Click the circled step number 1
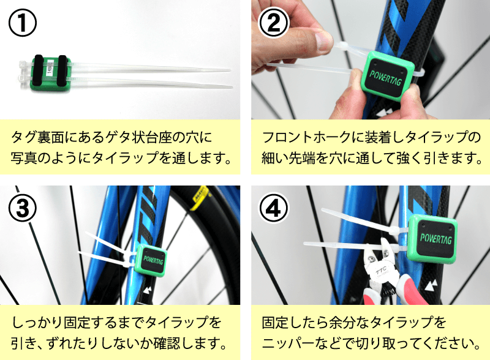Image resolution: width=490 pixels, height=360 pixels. coord(23,23)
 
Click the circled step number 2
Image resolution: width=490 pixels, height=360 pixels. coord(274,23)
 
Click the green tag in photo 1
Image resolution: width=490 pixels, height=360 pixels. coord(51,73)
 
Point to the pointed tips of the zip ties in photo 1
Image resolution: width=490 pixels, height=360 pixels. coord(227,77)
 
